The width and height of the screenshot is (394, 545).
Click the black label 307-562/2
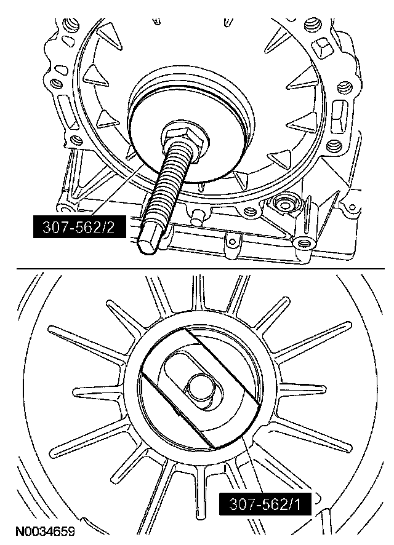coord(79,227)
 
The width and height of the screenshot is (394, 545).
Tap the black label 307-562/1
coord(265,504)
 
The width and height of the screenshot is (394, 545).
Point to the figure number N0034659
coord(46,532)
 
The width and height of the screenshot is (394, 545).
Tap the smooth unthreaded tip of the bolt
coord(150,242)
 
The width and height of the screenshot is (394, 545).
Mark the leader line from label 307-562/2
coord(119,191)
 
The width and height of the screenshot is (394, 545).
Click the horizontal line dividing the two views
coord(200,269)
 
